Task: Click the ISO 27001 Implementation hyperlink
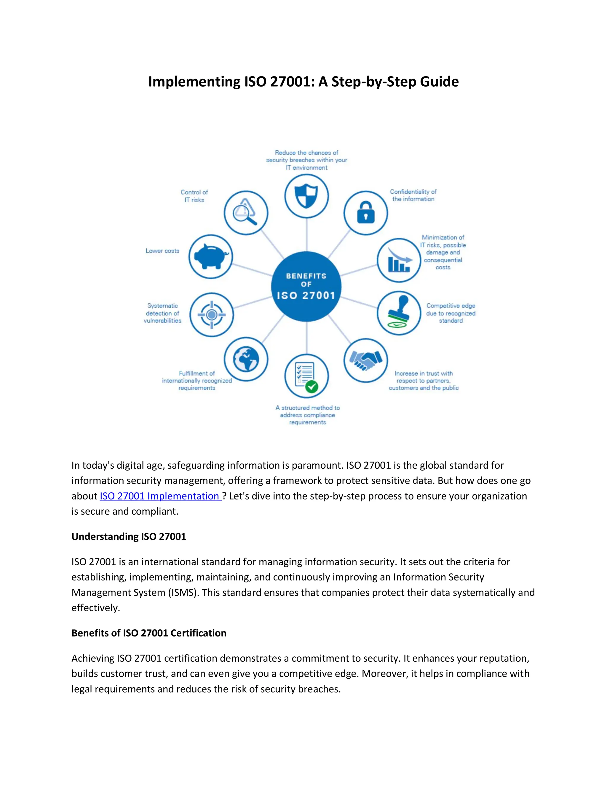160,496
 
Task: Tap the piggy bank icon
211,257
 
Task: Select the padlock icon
365,213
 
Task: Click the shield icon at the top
306,196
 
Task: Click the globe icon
246,359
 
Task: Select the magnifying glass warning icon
246,212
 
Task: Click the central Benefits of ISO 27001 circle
306,287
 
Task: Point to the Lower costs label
162,251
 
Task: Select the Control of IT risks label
194,196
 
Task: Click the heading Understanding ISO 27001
129,537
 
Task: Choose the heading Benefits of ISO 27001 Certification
149,633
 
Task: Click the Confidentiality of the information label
413,195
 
